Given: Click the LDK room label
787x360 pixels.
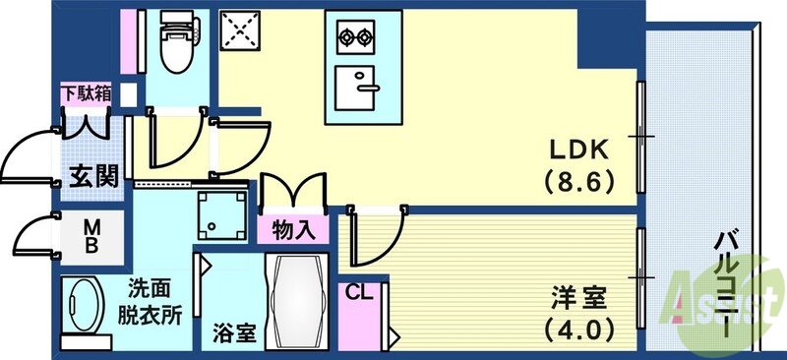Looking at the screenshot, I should (579, 150).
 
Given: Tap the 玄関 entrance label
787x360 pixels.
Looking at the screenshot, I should (93, 176).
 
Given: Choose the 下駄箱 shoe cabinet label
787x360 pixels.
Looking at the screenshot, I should (87, 95).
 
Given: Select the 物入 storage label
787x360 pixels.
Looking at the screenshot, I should (292, 230).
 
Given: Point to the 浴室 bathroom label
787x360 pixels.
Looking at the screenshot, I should (234, 332).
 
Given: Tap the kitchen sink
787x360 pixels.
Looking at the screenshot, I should (357, 88).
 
